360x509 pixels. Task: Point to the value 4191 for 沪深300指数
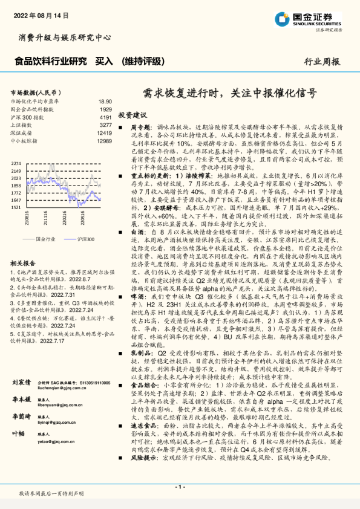(105, 117)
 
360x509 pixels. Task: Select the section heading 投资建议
(133, 114)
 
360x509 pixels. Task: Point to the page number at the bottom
(179, 487)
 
